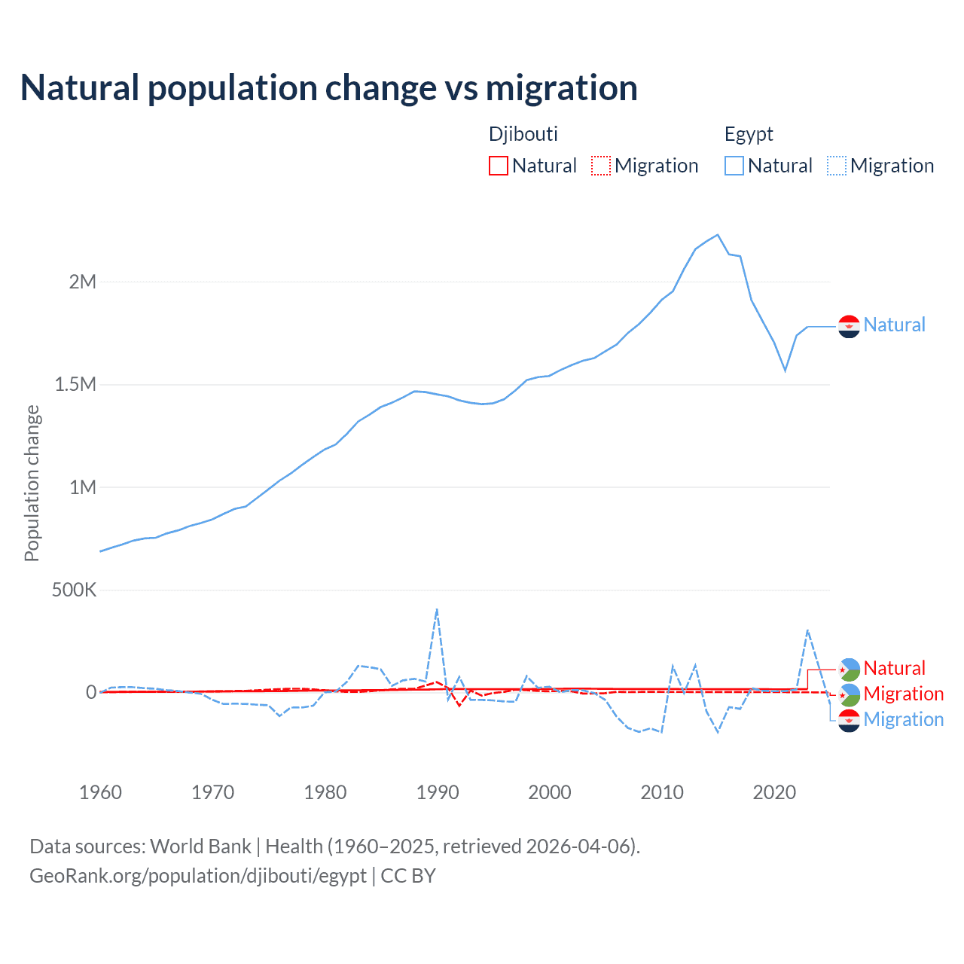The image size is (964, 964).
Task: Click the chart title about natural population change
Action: coord(329,88)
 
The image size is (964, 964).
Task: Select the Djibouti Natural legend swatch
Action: coord(499,166)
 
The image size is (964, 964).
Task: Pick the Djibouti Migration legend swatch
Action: coord(601,166)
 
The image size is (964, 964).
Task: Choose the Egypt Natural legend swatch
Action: coord(734,166)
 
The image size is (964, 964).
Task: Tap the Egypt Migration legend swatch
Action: coord(837,166)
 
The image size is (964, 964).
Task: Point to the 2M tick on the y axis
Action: coord(83,282)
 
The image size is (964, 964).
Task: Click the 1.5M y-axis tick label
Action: coord(75,385)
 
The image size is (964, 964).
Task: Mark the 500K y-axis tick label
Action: coord(74,590)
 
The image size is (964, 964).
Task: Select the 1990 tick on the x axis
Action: coord(438,792)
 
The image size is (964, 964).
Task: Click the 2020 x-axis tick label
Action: coord(774,792)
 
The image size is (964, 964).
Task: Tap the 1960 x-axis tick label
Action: coord(100,792)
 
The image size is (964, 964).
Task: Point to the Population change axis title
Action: coord(32,483)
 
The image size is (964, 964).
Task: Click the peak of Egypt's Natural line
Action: coord(718,235)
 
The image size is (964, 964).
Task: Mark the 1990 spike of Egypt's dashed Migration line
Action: coord(437,609)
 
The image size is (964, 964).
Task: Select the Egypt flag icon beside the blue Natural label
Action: coord(849,326)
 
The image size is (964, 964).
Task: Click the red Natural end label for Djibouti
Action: coord(894,668)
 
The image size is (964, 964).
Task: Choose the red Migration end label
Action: coord(903,694)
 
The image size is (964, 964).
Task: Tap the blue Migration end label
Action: coord(903,719)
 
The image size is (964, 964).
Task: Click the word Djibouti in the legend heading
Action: coord(523,134)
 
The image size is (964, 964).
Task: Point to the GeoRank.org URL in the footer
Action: coord(198,876)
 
